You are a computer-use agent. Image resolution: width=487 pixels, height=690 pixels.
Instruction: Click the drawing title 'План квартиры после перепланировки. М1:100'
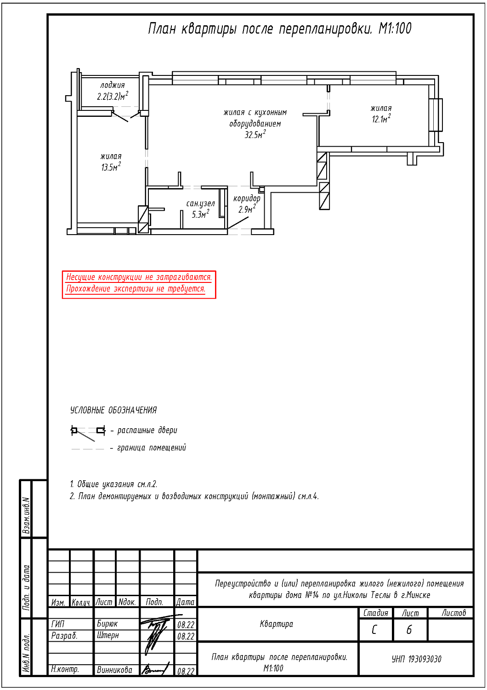click(x=279, y=29)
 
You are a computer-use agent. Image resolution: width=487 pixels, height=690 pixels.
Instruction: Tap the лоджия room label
click(x=113, y=85)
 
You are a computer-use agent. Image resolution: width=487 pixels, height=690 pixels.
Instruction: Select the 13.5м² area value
click(x=111, y=167)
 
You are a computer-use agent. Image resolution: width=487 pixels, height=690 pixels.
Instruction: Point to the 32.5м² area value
click(x=255, y=135)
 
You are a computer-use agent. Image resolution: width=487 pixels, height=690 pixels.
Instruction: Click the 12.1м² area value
click(x=381, y=119)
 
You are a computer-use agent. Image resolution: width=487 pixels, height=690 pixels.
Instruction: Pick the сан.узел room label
click(x=200, y=203)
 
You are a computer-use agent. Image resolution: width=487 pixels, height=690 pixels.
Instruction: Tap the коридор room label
click(x=247, y=198)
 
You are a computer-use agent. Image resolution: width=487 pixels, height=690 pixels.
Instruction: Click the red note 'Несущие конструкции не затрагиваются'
click(x=139, y=277)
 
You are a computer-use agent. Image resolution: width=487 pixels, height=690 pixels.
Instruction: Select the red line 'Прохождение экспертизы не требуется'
click(x=136, y=289)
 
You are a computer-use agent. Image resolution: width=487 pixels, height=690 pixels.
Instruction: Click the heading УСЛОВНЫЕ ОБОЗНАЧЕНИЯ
click(x=113, y=410)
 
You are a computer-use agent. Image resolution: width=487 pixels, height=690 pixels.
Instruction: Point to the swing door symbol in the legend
click(x=87, y=431)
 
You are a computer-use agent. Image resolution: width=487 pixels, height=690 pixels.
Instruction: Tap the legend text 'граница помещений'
click(x=152, y=448)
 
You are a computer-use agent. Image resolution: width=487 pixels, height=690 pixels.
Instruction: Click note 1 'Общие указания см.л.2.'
click(x=113, y=484)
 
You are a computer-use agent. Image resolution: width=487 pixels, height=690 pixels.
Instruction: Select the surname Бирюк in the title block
click(x=107, y=624)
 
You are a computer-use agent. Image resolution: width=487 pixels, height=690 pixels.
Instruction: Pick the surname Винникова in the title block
click(x=114, y=670)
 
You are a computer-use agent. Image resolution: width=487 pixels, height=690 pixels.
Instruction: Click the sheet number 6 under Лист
click(x=409, y=629)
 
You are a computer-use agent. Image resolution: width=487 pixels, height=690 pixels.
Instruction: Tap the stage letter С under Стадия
click(x=374, y=629)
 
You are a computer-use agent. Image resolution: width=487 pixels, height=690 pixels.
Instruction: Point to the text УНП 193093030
click(x=416, y=659)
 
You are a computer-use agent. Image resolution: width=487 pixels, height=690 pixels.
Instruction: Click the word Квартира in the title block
click(x=276, y=624)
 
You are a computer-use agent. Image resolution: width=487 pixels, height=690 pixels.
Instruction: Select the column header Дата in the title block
click(x=185, y=602)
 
